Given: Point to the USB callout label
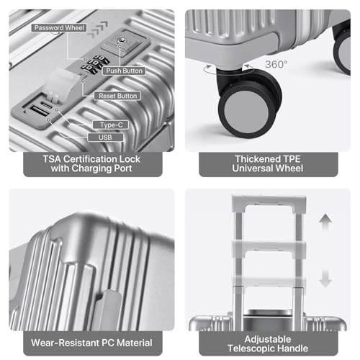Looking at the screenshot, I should click(x=100, y=137).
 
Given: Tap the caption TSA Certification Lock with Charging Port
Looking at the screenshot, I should click(x=91, y=164).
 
